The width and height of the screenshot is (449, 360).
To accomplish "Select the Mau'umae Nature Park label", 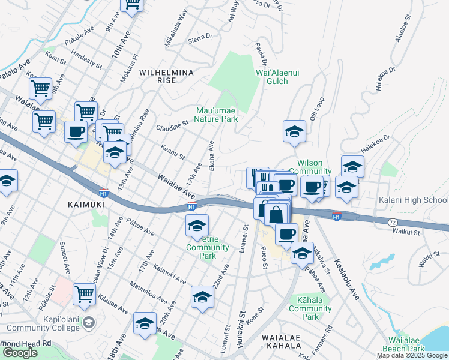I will click(x=217, y=114).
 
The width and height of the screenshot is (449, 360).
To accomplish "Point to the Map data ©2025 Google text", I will click(x=412, y=355).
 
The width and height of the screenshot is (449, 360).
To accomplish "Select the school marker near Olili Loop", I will click(x=294, y=132).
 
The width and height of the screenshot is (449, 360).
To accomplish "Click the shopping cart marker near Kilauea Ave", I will click(x=85, y=294).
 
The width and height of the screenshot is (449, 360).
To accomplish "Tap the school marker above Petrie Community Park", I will click(x=197, y=226).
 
